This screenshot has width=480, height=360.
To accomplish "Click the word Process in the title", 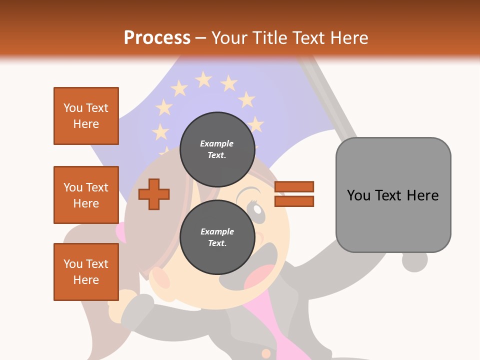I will [x=157, y=37].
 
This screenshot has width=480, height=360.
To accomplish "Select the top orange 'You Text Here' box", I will [x=86, y=116].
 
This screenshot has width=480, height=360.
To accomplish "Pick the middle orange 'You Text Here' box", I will [x=86, y=195].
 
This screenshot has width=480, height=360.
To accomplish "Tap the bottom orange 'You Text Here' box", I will [x=86, y=271].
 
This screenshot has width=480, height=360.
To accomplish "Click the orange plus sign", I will [x=154, y=194].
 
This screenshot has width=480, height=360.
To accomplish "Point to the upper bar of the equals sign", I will [x=294, y=186].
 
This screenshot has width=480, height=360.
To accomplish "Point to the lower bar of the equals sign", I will [x=294, y=201].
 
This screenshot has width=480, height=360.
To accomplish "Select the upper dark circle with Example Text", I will [x=217, y=149].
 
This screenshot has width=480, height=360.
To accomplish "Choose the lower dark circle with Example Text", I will [x=217, y=237].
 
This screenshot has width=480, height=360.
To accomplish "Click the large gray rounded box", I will [x=393, y=195].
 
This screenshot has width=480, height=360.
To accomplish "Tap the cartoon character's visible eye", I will [x=255, y=210].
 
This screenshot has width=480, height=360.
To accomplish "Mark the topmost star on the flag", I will [x=203, y=79].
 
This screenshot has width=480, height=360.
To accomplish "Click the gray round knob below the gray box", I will [x=414, y=261].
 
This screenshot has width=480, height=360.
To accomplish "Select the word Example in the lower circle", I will [x=217, y=231].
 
